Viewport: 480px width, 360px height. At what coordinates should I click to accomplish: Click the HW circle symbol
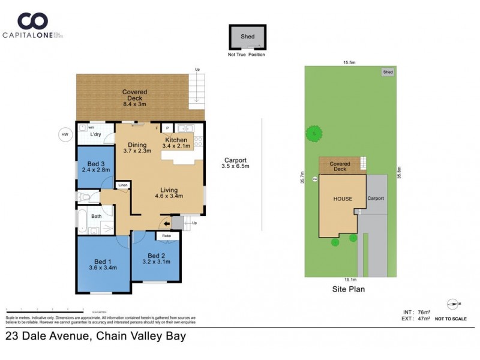(x=64, y=134)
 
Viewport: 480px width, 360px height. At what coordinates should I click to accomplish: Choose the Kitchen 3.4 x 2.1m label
(x=177, y=143)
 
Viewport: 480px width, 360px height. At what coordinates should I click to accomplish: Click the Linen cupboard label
(x=123, y=185)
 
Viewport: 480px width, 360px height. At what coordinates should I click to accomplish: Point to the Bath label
(x=96, y=216)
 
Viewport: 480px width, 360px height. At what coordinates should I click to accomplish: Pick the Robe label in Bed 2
(x=166, y=236)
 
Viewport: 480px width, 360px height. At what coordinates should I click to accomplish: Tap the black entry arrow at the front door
(x=166, y=224)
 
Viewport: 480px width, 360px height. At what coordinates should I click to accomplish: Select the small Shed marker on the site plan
(x=388, y=72)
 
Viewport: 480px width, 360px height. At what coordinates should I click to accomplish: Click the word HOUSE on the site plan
(x=343, y=199)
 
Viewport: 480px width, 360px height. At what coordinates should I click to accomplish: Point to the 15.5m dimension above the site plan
(x=350, y=62)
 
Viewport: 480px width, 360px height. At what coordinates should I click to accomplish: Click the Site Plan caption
(x=349, y=289)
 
